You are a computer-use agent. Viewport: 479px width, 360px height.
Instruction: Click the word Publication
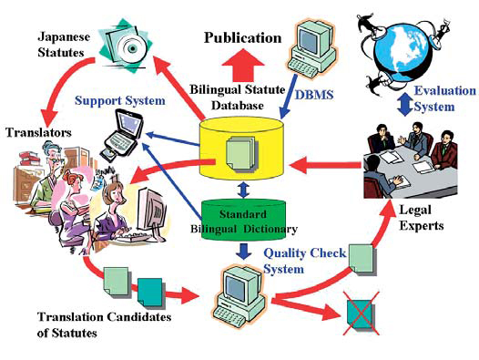242,38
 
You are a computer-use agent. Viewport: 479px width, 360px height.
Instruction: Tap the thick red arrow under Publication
242,67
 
